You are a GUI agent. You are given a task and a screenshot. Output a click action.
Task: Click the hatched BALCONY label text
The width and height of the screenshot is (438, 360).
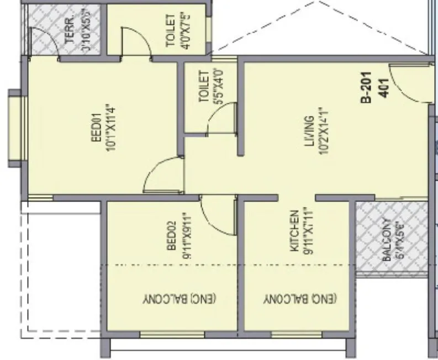coord(386,240)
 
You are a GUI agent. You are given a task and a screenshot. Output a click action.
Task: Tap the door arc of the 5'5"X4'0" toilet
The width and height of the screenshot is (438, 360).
coord(221,119)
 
